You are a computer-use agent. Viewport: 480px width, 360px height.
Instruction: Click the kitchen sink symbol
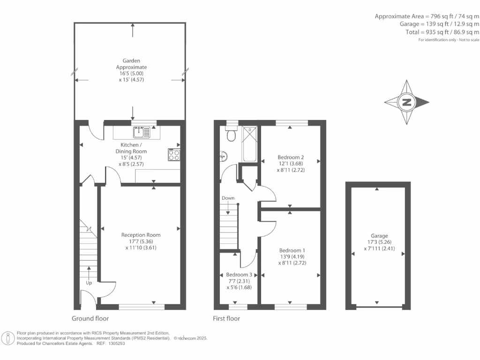coord(142,132)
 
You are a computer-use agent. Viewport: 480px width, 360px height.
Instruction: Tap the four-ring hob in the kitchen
coord(174,155)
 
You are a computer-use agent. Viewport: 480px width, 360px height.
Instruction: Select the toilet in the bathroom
coord(232,134)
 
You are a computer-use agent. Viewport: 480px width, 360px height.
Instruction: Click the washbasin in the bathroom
coord(224,156)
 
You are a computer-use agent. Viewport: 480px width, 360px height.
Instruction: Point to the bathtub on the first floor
coord(249,144)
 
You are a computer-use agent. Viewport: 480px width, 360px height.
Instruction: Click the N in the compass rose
coord(406,102)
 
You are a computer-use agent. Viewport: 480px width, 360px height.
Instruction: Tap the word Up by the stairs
coord(89,283)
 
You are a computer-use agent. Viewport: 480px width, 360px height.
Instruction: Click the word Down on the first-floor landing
coord(228,198)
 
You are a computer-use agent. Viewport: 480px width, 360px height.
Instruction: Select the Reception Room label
coord(141,235)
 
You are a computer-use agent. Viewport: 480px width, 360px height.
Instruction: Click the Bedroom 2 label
coord(291,157)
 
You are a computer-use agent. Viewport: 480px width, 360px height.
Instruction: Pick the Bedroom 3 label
coord(239,275)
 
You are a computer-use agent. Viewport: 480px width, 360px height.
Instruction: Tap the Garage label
coord(379,236)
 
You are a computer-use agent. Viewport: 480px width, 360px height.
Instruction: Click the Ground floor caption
coord(90,318)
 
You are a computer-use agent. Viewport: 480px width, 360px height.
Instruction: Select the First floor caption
coord(226,318)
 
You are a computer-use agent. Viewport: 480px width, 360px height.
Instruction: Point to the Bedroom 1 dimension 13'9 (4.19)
coord(292,256)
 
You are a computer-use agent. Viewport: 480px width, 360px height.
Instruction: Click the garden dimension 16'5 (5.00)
coord(131,74)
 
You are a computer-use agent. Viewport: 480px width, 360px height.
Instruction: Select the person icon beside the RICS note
coord(8,338)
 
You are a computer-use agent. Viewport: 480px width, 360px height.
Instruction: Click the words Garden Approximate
coord(131,64)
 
